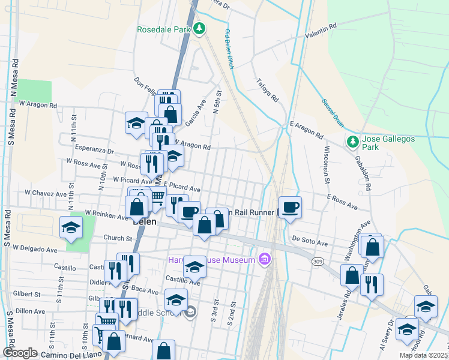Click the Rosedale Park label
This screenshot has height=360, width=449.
tap(163, 29)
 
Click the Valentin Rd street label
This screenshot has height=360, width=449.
tap(321, 31)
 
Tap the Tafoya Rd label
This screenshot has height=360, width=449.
tap(268, 89)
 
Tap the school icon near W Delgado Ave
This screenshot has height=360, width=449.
tap(71, 229)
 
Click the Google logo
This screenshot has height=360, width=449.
tap(20, 353)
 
